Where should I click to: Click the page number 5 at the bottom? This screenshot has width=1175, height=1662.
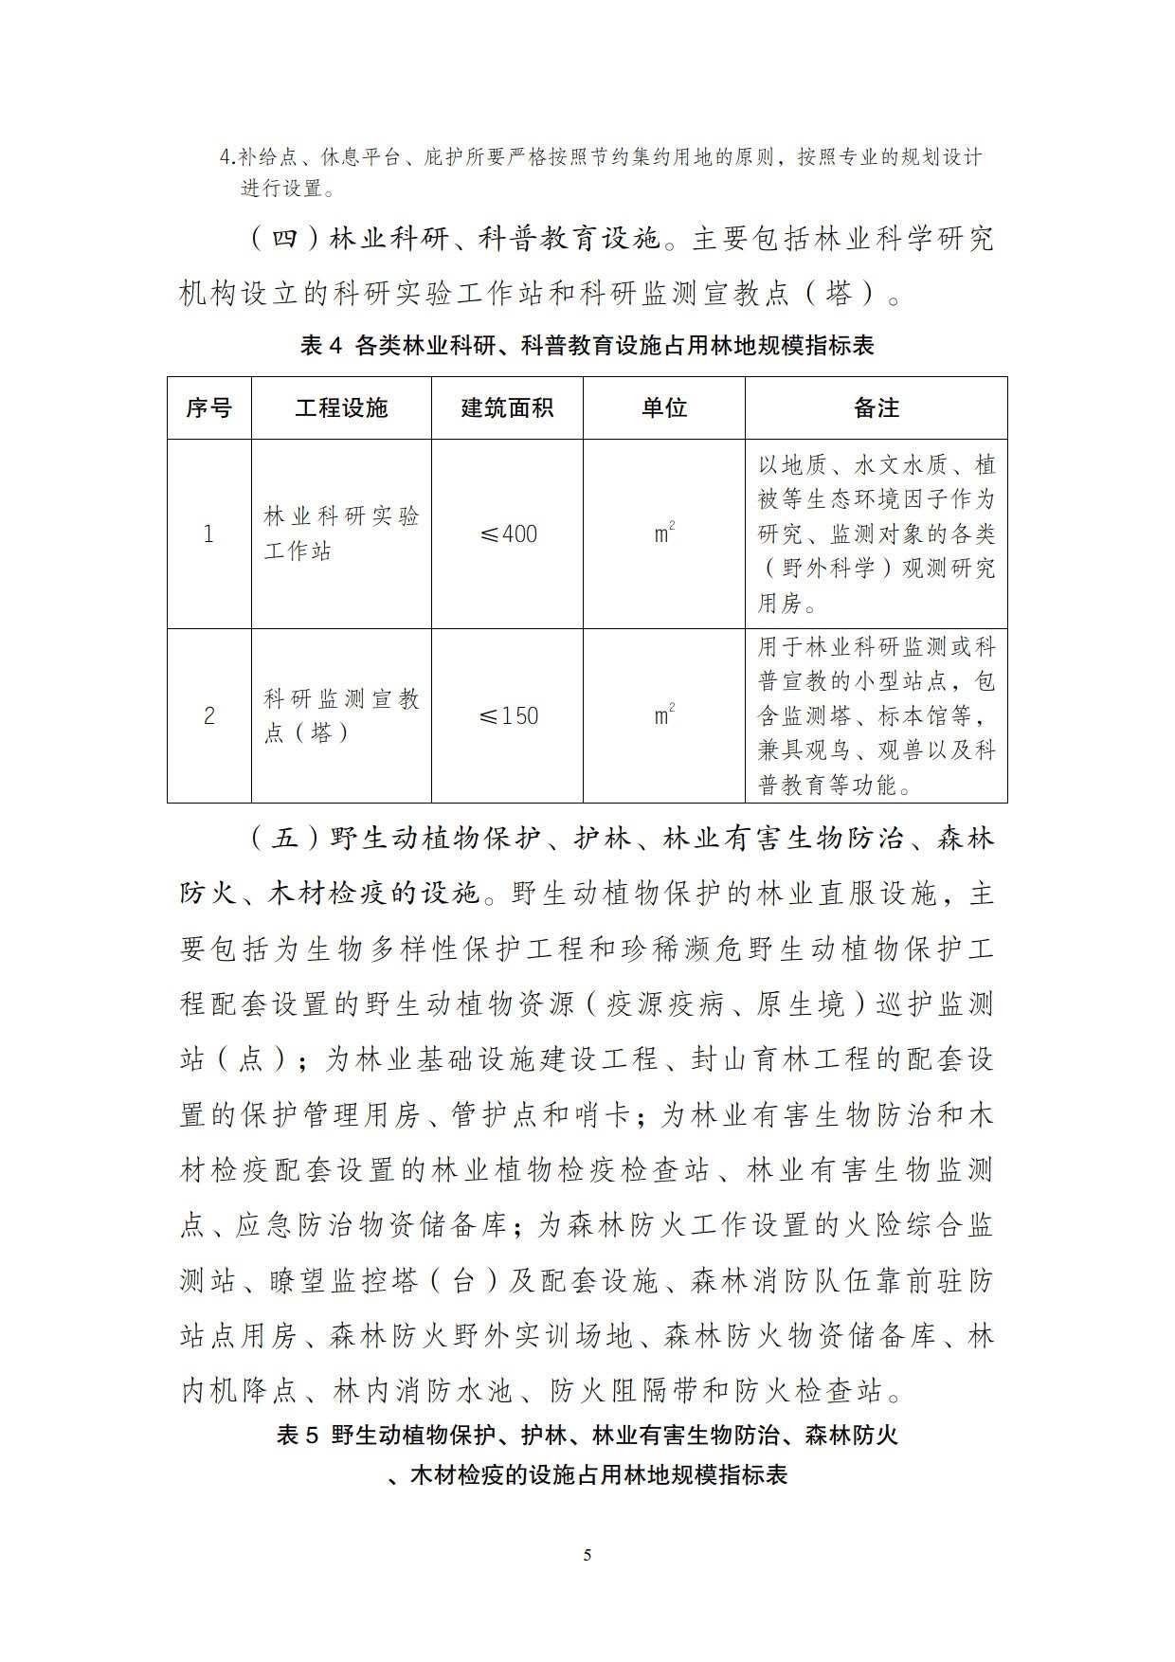pos(587,1555)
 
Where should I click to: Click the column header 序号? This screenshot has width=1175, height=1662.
pos(208,408)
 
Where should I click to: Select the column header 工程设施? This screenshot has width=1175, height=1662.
pos(341,408)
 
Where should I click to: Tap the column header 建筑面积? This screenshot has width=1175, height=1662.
pos(507,408)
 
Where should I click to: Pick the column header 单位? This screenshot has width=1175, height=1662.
pos(663,408)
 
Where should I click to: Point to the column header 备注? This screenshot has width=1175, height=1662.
pos(876,408)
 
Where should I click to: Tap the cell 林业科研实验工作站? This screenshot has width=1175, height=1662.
pos(341,533)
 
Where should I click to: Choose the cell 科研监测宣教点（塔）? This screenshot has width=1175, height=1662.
pos(341,715)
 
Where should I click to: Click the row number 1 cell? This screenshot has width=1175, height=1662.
pos(208,534)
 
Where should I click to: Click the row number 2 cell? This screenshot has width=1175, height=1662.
pos(208,715)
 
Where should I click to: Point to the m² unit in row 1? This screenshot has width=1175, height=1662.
pos(664,533)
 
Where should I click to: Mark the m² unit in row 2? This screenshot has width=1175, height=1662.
pos(664,714)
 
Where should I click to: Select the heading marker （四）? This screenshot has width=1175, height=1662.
pos(284,239)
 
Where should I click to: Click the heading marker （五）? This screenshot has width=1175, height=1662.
pos(284,839)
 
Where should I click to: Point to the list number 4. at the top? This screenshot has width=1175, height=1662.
pos(227,157)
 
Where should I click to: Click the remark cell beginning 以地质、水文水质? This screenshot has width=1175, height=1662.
pos(876,533)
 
